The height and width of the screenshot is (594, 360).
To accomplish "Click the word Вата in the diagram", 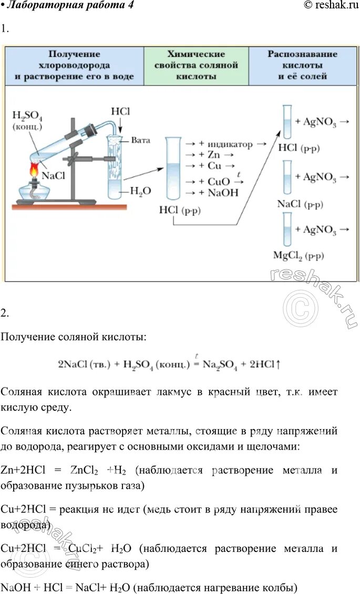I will pos(141,140).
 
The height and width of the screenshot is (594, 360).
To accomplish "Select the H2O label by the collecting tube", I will pos(140,192).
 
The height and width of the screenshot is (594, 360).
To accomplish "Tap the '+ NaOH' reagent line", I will pos(215,193).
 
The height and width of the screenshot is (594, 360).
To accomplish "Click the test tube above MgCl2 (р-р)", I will pos(287,229).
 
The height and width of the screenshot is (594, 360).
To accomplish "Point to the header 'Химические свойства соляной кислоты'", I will pos(196,65).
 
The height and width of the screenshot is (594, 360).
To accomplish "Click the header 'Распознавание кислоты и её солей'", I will pos(302,65).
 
